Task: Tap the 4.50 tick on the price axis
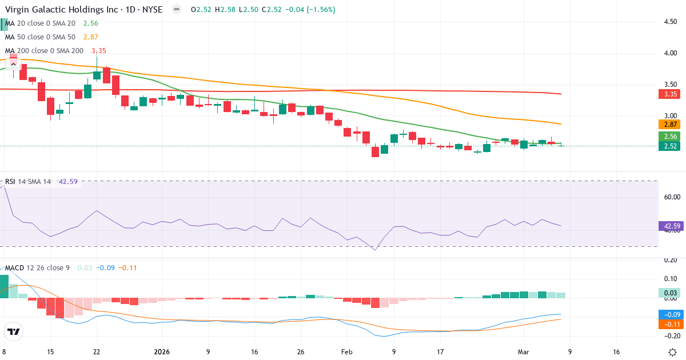click(671, 22)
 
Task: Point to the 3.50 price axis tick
click(671, 84)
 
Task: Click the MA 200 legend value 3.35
click(99, 51)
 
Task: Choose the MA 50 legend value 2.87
click(90, 37)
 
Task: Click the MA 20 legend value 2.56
click(90, 23)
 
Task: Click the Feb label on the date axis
click(346, 352)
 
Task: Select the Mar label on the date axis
click(524, 352)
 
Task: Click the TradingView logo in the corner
click(14, 332)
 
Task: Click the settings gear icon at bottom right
click(672, 352)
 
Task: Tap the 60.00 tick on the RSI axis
click(671, 197)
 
